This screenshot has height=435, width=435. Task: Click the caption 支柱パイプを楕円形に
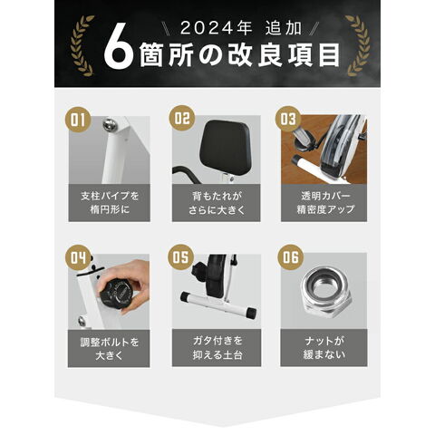pos(109,202)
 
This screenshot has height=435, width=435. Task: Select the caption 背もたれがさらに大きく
pos(214,202)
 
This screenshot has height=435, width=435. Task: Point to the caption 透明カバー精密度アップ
pos(321,202)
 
